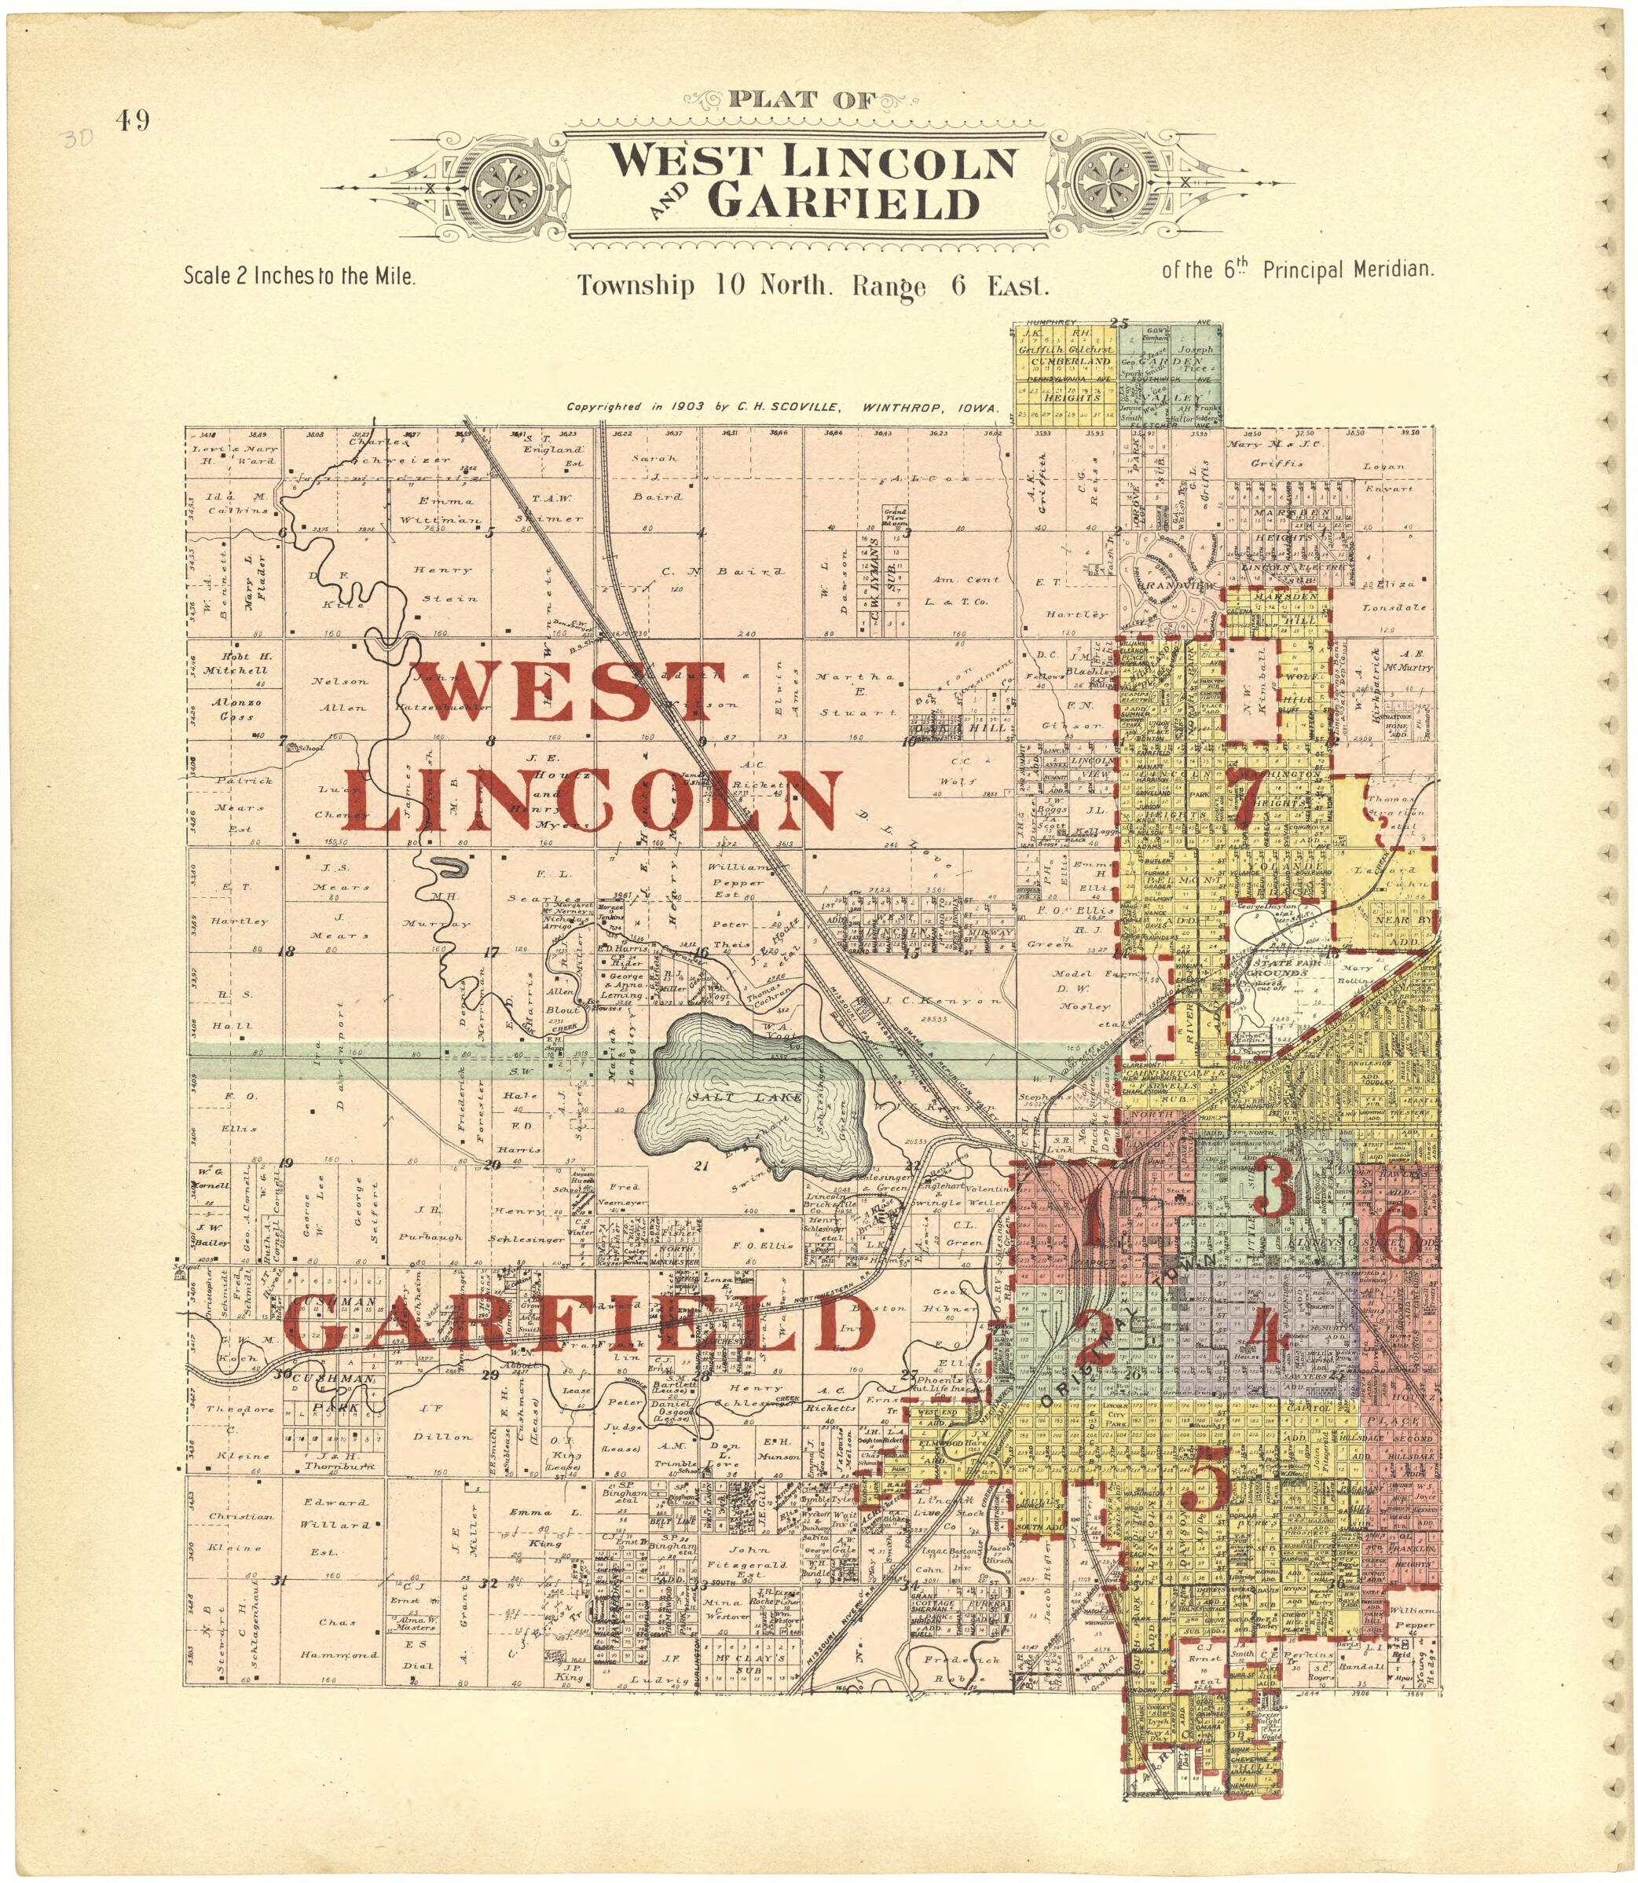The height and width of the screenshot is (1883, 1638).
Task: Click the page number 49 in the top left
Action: coord(133,121)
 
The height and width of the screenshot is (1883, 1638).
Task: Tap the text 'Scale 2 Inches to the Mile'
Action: coord(300,275)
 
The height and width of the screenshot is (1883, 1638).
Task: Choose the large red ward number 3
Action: coord(1273,1189)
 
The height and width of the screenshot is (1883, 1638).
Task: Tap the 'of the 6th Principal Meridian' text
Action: coord(1298,270)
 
